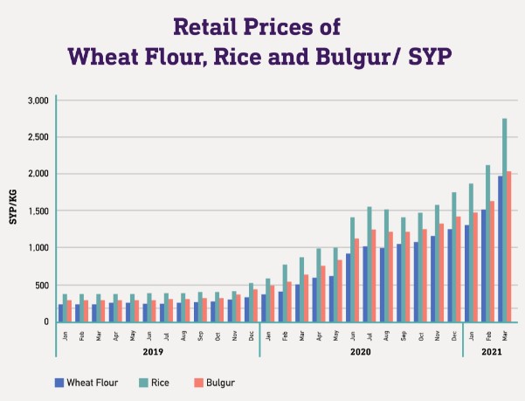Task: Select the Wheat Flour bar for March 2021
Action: [x=499, y=249]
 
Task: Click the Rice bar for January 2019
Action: [x=66, y=308]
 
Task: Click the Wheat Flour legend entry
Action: [x=83, y=382]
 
